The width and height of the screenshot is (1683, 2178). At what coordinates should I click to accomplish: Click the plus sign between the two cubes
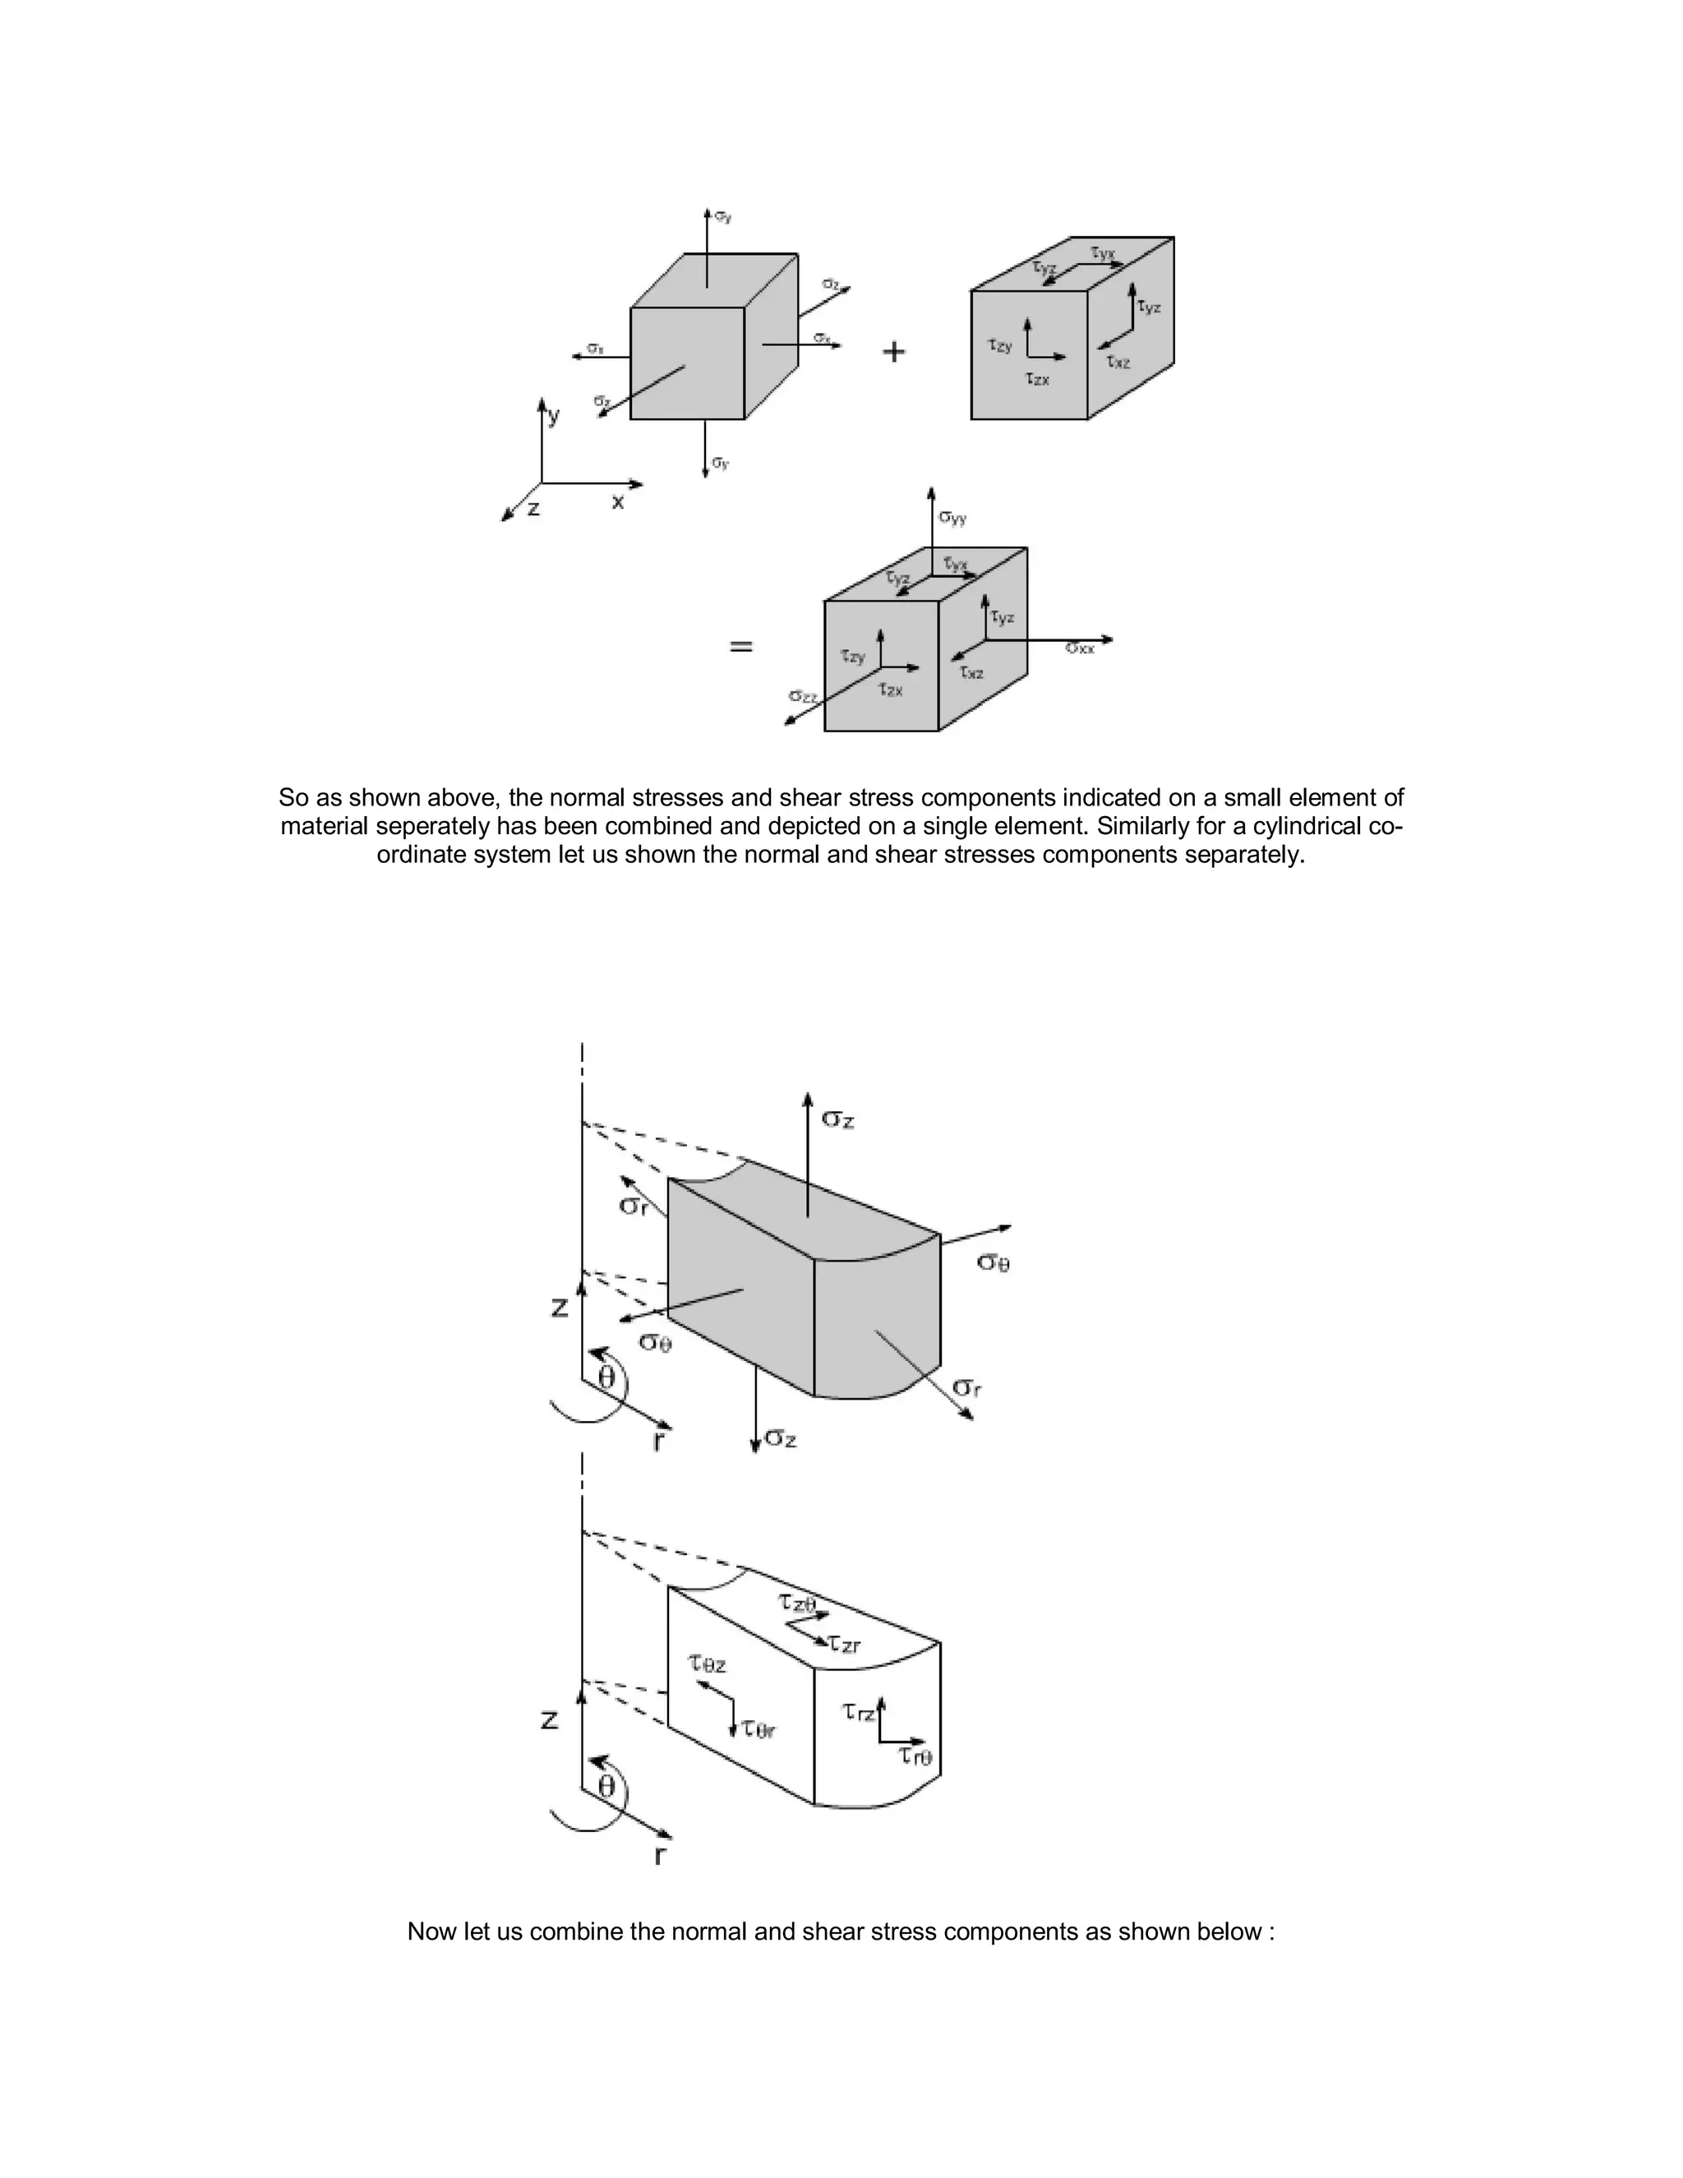pos(894,351)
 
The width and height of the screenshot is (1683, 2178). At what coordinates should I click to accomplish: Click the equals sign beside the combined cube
pos(740,646)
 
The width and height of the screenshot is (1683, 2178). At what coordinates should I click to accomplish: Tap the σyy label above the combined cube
pos(952,518)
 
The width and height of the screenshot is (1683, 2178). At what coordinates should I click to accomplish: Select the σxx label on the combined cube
pos(1079,649)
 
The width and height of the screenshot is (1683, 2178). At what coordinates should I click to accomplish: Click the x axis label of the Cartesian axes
pos(617,501)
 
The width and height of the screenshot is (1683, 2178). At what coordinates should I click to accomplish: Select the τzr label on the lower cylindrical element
pos(845,1645)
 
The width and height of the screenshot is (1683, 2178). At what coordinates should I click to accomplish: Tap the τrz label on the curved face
pos(859,1711)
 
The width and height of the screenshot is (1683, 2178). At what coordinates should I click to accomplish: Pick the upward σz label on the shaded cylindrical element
pos(837,1120)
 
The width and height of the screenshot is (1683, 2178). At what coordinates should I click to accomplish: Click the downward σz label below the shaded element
pos(780,1439)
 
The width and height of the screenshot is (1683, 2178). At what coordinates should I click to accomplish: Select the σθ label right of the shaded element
pos(993,1262)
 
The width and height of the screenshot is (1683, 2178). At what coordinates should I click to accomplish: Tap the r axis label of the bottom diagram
pos(659,1856)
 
